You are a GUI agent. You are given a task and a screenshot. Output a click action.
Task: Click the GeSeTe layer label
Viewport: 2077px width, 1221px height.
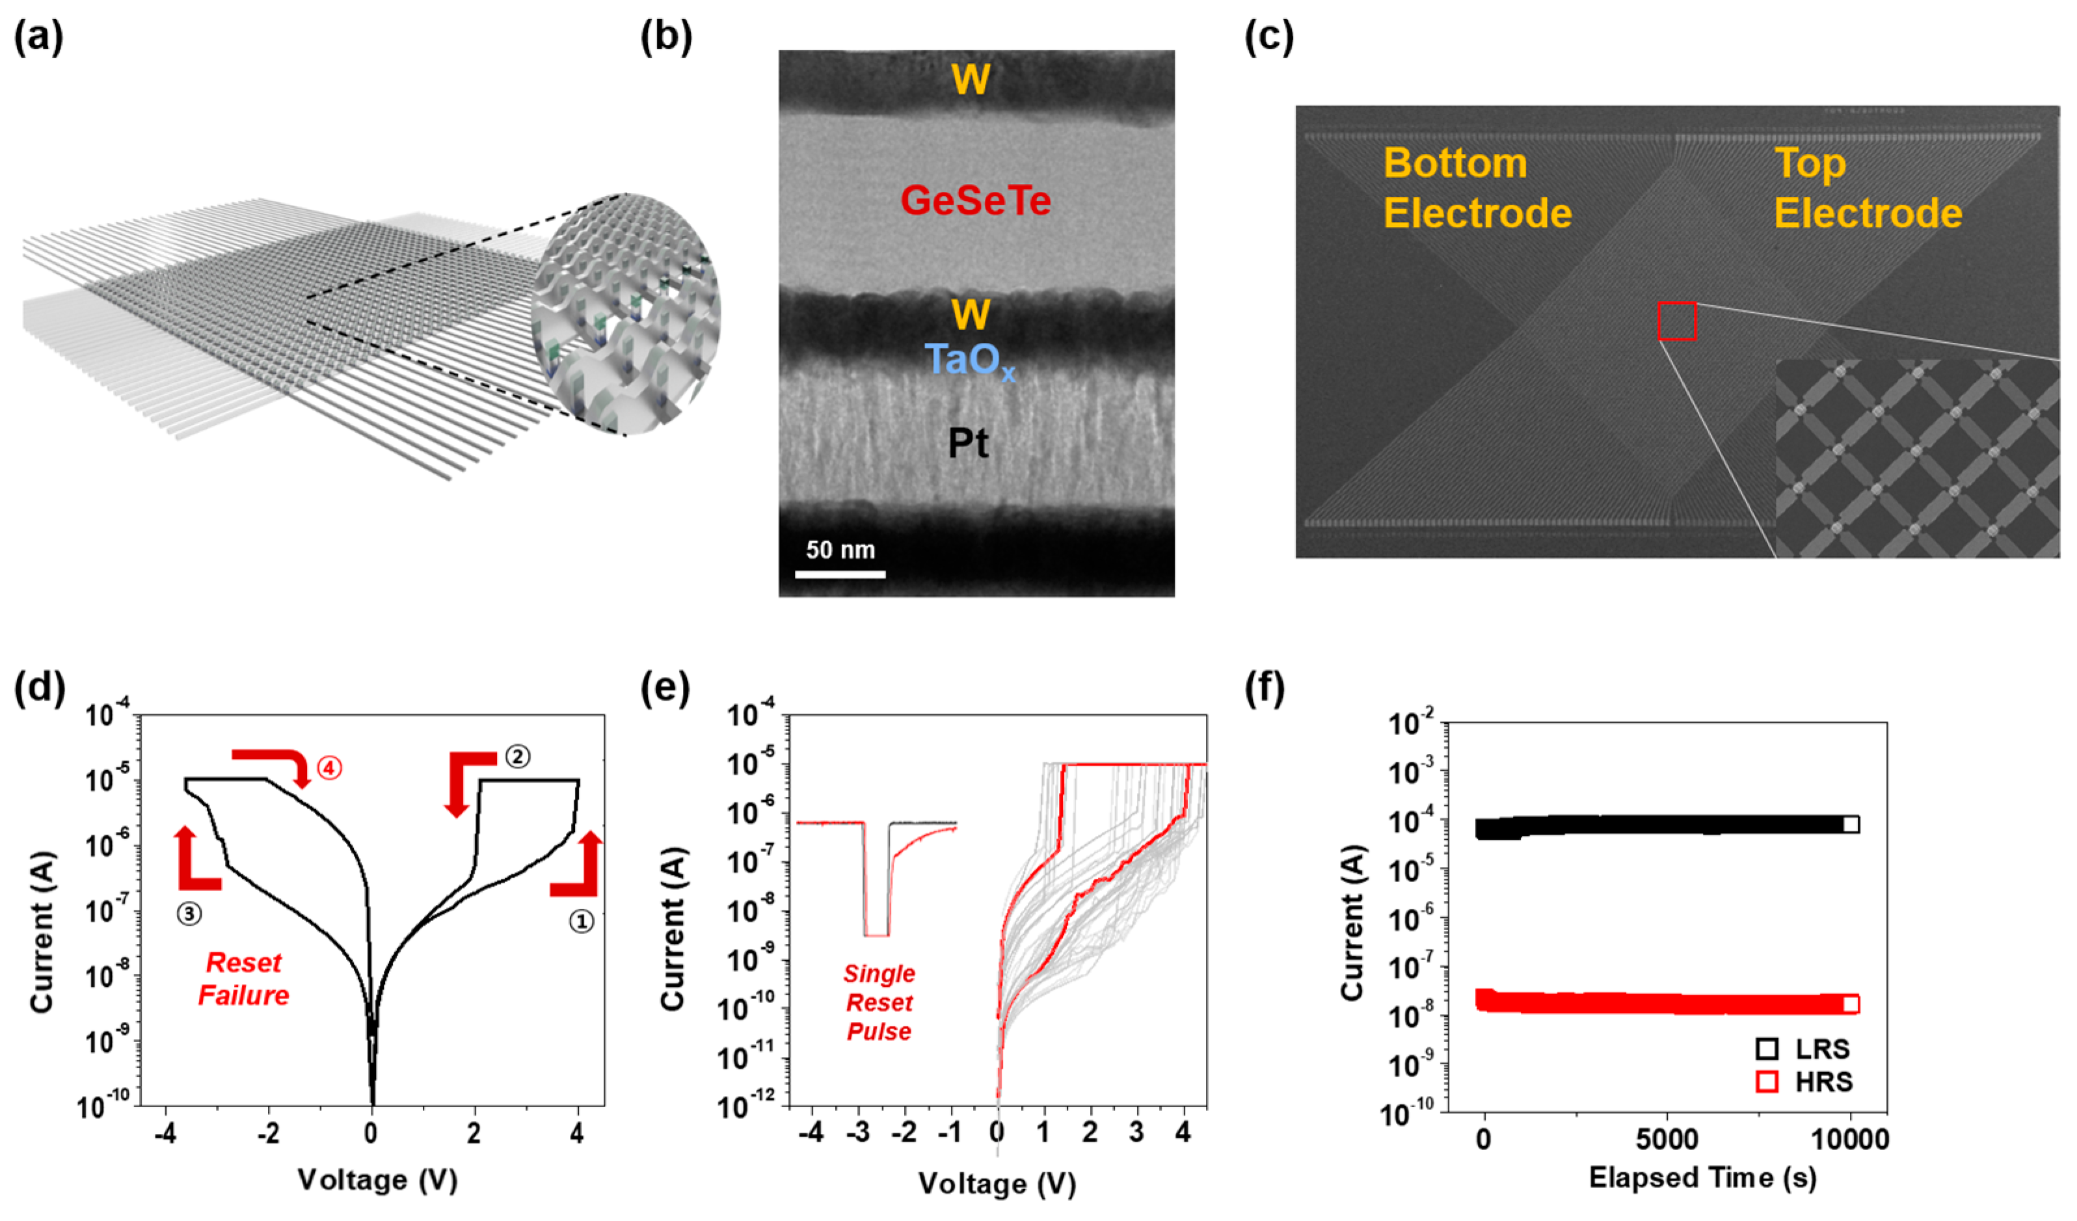coord(975,201)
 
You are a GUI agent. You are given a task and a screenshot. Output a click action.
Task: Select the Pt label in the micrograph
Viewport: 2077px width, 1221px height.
coord(968,444)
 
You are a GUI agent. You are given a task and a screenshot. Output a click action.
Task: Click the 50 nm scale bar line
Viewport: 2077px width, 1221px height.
coord(840,574)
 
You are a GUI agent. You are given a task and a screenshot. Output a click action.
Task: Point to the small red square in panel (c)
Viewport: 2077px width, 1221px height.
coord(1676,321)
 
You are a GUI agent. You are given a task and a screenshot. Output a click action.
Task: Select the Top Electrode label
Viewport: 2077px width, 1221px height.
coord(1867,188)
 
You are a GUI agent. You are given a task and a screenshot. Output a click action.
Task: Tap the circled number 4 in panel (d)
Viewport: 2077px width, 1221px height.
coord(330,768)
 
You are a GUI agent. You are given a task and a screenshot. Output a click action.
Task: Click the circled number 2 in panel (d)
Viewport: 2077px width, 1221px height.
coord(518,756)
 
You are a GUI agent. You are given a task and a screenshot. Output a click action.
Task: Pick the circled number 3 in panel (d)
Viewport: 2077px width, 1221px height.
coord(189,913)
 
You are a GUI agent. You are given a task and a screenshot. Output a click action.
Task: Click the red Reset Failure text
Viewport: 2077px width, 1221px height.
coord(243,978)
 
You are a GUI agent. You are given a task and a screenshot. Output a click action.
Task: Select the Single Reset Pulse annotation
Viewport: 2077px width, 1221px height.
coord(879,1002)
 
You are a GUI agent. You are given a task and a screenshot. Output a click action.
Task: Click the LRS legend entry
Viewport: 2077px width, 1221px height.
coord(1810,1049)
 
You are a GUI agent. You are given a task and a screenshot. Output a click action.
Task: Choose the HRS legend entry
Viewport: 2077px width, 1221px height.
coord(1810,1082)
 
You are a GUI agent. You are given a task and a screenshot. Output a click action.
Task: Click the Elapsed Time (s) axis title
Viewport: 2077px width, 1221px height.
coord(1703,1177)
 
